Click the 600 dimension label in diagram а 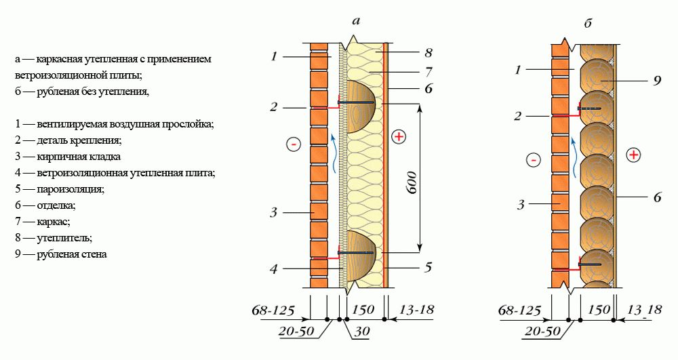pyautogui.click(x=412, y=182)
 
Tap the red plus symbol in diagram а pyautogui.click(x=398, y=137)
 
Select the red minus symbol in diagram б pyautogui.click(x=533, y=160)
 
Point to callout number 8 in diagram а pyautogui.click(x=428, y=53)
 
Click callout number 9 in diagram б pyautogui.click(x=657, y=81)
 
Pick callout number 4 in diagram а pyautogui.click(x=273, y=269)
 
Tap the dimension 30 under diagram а pyautogui.click(x=362, y=332)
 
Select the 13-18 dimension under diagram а pyautogui.click(x=416, y=309)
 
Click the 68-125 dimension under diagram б pyautogui.click(x=520, y=311)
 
